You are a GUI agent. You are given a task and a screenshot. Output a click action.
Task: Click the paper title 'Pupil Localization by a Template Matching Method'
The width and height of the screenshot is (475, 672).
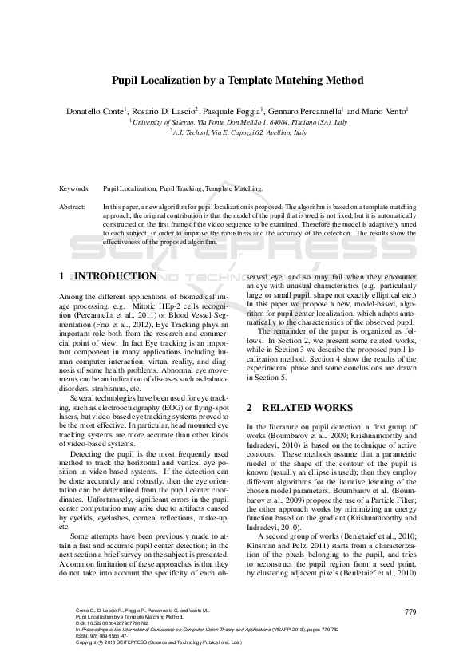coord(237,81)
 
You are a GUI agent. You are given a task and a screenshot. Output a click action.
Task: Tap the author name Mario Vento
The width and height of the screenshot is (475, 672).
coord(385,111)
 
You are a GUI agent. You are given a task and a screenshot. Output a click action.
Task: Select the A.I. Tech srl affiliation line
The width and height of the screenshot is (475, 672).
coord(237,132)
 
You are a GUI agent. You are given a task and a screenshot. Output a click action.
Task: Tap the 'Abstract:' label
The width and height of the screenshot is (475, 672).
coord(73,206)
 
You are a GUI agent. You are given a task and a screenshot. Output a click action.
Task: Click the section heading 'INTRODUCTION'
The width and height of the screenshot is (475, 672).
coord(115,276)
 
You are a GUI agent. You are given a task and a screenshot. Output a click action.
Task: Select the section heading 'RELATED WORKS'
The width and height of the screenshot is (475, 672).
coord(308,407)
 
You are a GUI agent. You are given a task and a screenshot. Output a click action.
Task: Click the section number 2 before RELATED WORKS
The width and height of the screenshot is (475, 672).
coord(249,407)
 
